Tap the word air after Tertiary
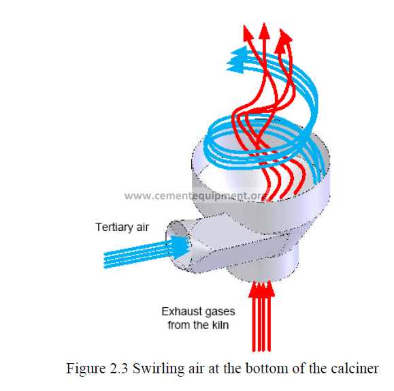click(x=142, y=228)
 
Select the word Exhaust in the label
click(x=178, y=311)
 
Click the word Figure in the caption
click(x=86, y=369)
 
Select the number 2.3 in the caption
click(x=119, y=369)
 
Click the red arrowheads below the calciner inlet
click(x=261, y=290)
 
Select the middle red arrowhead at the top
click(x=264, y=31)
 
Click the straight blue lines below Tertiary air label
click(x=137, y=255)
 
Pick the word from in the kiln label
click(x=178, y=325)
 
